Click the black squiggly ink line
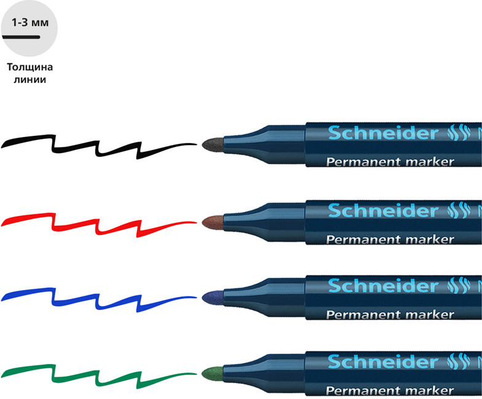pos(98,148)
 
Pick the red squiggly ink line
pos(98,226)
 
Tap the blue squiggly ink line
pos(98,301)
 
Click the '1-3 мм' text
pos(30,22)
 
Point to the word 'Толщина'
pos(30,66)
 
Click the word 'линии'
pos(30,80)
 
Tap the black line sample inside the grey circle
pos(21,37)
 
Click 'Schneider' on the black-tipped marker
pos(383,133)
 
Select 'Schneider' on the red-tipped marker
pos(383,211)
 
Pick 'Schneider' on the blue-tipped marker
pos(383,285)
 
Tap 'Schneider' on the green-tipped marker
pos(383,361)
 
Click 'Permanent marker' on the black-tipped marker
pos(390,162)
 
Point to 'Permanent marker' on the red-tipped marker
pos(390,240)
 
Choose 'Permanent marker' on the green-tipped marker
pos(390,390)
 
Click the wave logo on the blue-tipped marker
pos(459,286)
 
